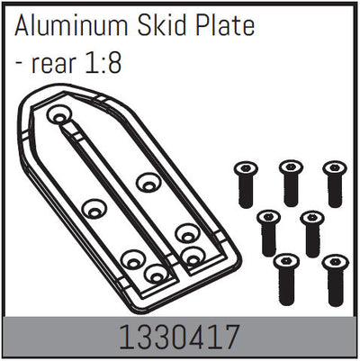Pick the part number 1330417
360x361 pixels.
[180, 339]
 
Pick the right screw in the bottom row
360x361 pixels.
[334, 278]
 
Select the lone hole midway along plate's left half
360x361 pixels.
[93, 210]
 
